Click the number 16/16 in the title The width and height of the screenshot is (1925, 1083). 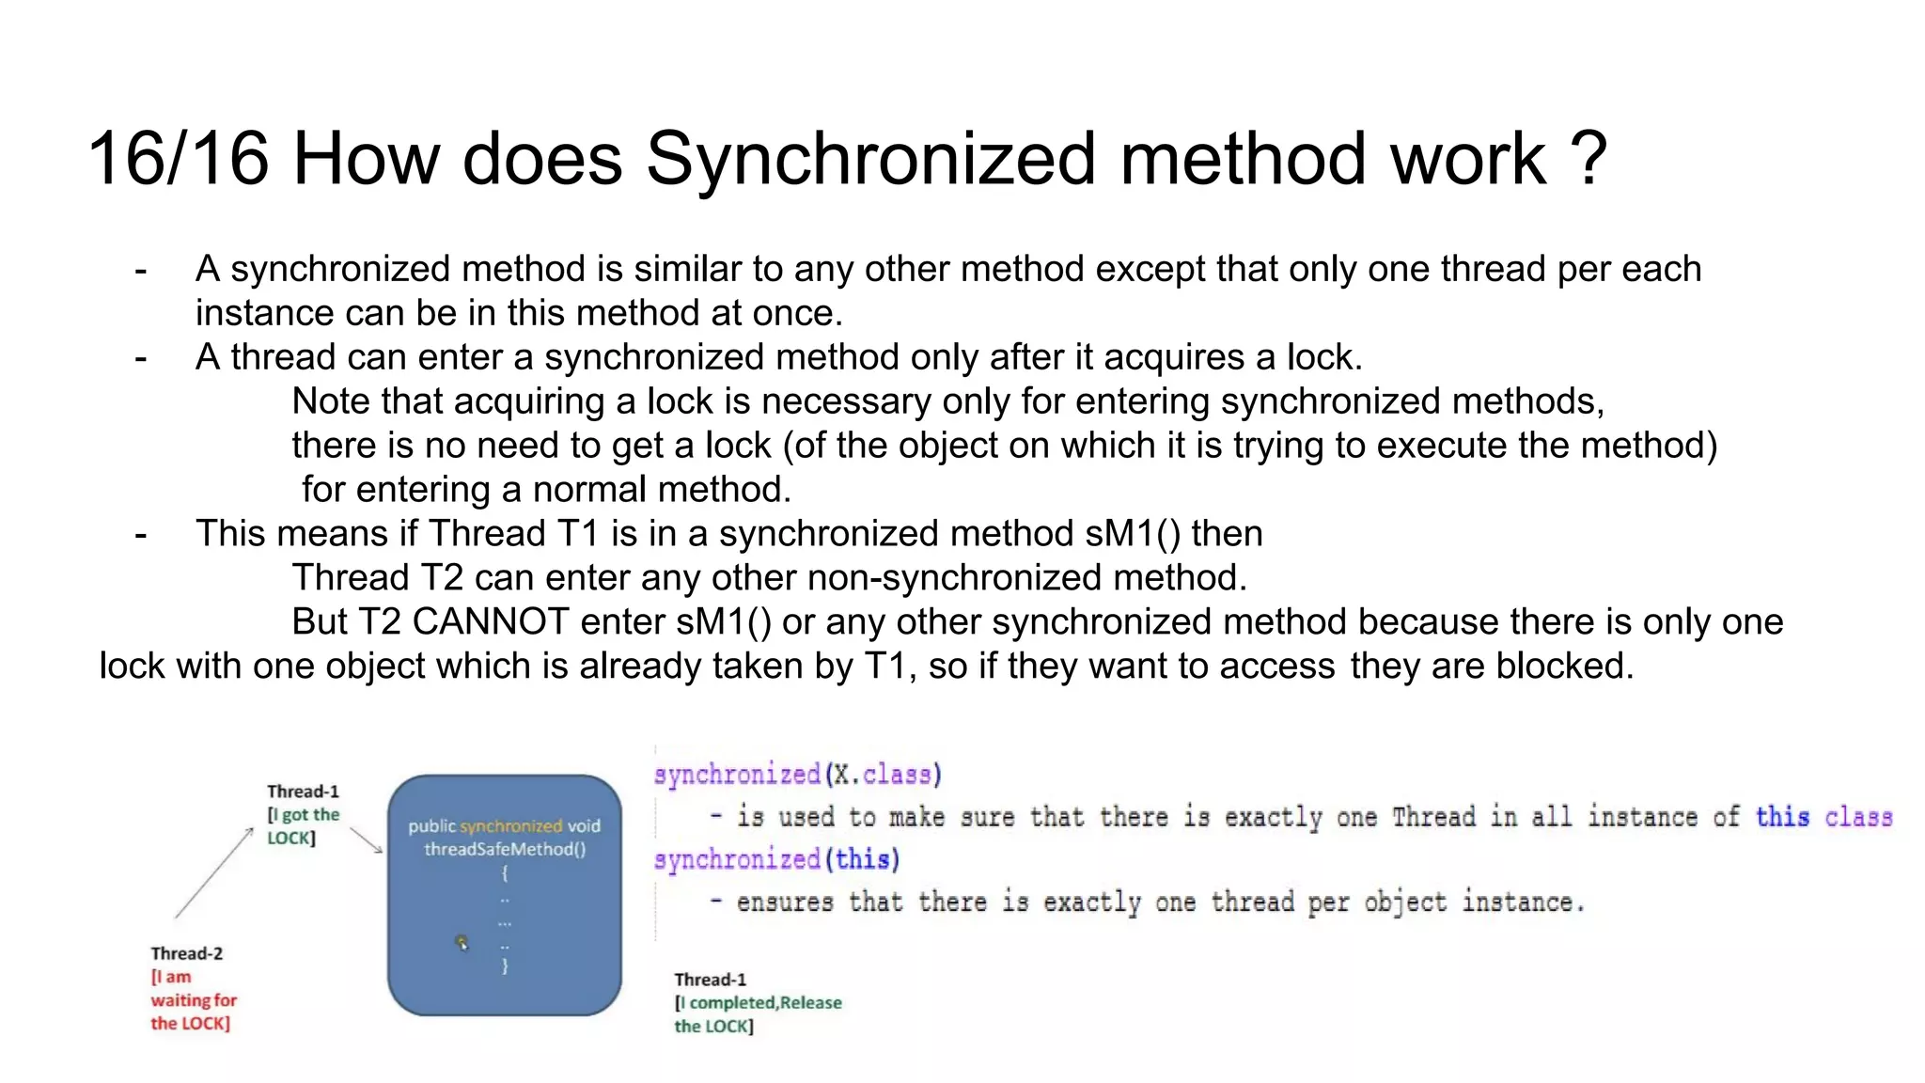[179, 158]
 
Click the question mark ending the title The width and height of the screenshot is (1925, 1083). [1589, 158]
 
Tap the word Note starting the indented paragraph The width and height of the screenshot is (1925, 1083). [330, 401]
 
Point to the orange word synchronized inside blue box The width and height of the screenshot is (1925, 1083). [510, 826]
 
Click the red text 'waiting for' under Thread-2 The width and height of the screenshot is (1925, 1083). [194, 1000]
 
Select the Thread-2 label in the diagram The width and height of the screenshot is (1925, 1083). [187, 953]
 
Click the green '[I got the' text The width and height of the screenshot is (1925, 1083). [304, 815]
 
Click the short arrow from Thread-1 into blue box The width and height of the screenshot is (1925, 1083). [366, 840]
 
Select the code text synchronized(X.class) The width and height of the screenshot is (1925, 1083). [797, 775]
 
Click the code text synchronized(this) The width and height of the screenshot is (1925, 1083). [776, 859]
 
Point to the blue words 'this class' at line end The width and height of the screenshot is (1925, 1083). [1823, 816]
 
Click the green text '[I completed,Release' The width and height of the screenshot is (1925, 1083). [758, 1003]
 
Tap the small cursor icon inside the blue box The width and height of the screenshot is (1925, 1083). [462, 942]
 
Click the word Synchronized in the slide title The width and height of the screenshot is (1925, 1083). [870, 158]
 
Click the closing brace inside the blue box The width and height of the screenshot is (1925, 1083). [505, 965]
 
